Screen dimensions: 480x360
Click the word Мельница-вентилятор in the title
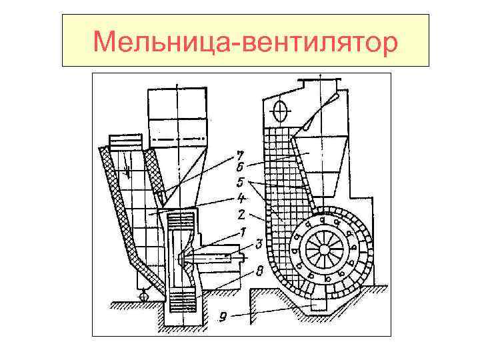[x=245, y=42]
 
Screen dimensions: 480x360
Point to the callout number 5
[x=241, y=181]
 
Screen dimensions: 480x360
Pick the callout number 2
[x=241, y=215]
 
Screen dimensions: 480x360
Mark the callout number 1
[x=244, y=233]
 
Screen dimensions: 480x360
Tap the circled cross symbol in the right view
[x=281, y=109]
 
